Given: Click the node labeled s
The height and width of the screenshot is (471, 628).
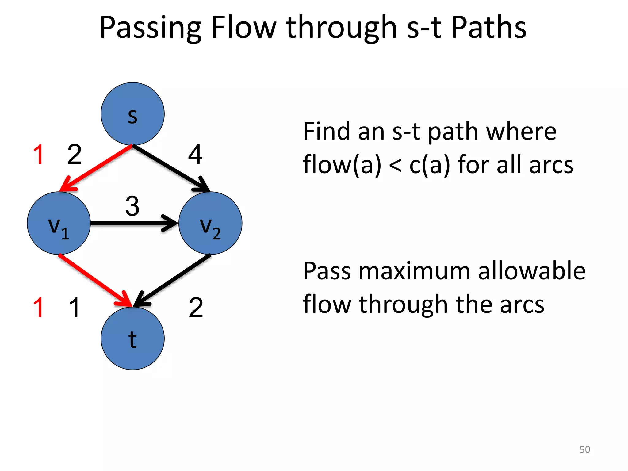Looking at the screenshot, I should click(x=132, y=114).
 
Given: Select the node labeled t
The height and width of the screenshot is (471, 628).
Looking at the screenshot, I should click(x=132, y=338).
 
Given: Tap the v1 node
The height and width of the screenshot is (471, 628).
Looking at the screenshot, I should click(x=59, y=223).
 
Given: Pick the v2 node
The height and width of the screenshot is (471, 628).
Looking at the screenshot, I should click(x=210, y=223).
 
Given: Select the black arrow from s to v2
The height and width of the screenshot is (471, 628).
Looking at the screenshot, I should click(x=170, y=168).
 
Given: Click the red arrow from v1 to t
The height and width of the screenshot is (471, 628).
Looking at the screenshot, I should click(x=94, y=279).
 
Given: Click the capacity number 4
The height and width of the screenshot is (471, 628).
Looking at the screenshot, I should click(x=195, y=154).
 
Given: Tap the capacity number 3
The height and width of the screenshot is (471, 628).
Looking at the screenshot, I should click(x=132, y=206).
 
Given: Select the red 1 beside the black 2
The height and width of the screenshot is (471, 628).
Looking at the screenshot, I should click(x=39, y=154).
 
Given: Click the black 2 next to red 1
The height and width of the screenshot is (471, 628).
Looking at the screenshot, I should click(x=75, y=154).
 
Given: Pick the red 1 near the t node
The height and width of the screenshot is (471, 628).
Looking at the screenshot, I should click(x=39, y=307).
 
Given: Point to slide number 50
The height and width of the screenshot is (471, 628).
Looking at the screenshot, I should click(x=584, y=449).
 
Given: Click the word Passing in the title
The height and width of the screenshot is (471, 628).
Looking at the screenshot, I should click(x=150, y=28).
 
